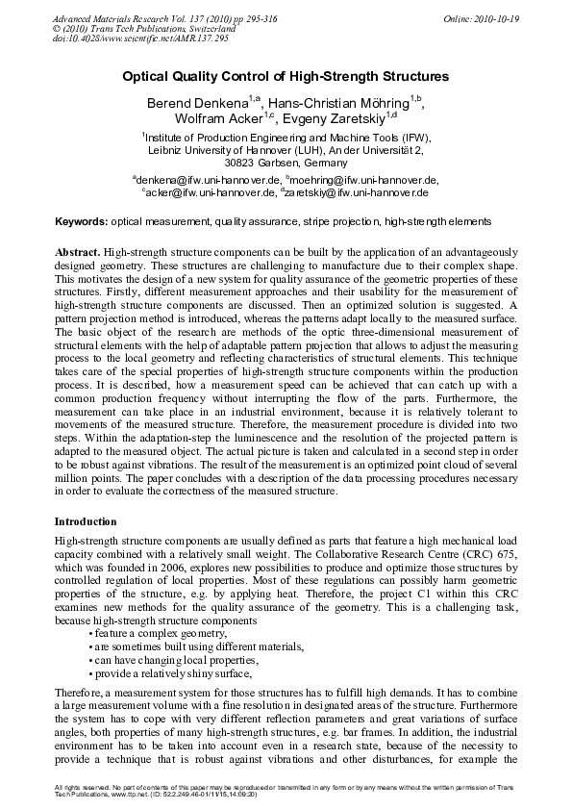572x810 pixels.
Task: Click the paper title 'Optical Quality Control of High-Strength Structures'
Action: point(286,76)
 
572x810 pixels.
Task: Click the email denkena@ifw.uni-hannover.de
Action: point(210,179)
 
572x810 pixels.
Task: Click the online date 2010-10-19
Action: point(498,19)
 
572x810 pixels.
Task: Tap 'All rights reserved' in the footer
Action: point(81,789)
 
